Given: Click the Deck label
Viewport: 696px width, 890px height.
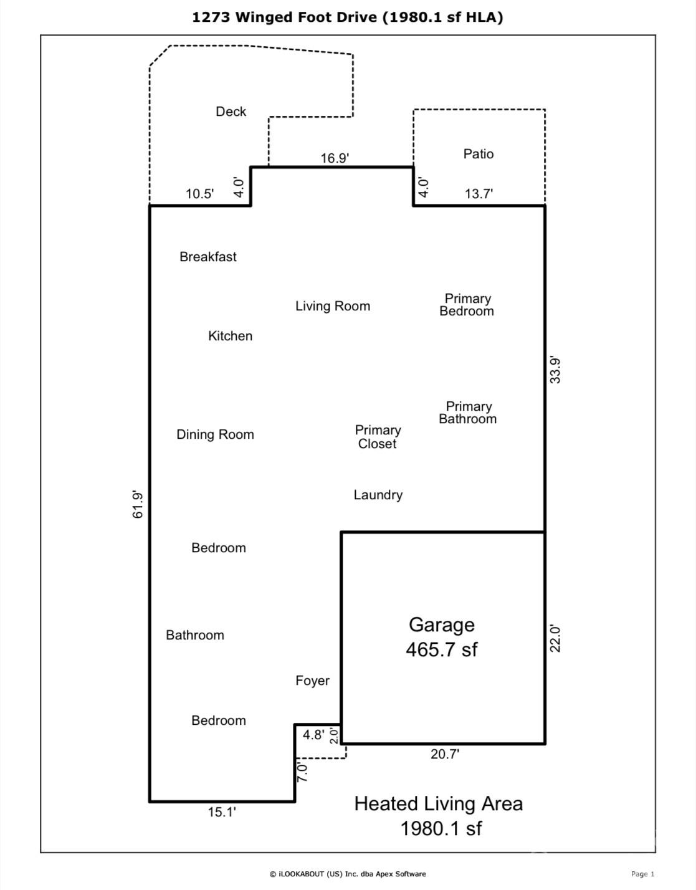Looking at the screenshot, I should [x=231, y=112].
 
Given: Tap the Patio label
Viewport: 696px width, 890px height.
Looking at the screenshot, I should [x=478, y=154].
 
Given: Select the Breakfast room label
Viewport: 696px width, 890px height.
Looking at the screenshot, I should [x=207, y=257].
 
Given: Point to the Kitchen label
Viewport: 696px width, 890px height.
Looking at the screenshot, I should [x=230, y=336].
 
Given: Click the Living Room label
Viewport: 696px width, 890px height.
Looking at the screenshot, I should [x=332, y=306].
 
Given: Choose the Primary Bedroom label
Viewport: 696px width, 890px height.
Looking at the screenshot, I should [x=467, y=305].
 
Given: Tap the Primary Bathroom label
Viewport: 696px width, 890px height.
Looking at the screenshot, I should [x=467, y=413].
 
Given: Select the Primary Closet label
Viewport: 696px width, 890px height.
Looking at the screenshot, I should [x=378, y=437].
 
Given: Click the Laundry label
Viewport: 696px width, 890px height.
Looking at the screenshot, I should [x=378, y=495].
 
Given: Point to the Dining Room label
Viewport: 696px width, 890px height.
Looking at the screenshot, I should [x=215, y=434].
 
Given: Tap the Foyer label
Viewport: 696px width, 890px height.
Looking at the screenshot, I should [x=312, y=681].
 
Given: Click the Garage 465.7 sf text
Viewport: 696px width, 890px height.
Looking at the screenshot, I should [x=441, y=637].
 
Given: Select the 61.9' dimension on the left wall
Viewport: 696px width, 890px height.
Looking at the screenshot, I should [x=138, y=505].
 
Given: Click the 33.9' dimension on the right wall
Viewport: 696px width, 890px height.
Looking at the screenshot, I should [x=555, y=370].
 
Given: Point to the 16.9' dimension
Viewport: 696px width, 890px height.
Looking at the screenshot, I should [x=334, y=158].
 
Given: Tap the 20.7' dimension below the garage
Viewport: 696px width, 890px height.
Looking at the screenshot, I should [x=444, y=754].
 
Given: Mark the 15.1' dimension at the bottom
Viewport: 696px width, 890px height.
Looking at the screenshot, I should [x=222, y=812].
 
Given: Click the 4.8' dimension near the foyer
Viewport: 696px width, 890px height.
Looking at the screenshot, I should [x=313, y=735].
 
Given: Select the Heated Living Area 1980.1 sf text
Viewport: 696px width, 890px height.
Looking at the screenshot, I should [x=439, y=816].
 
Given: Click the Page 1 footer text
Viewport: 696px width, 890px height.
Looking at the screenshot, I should [x=642, y=874].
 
